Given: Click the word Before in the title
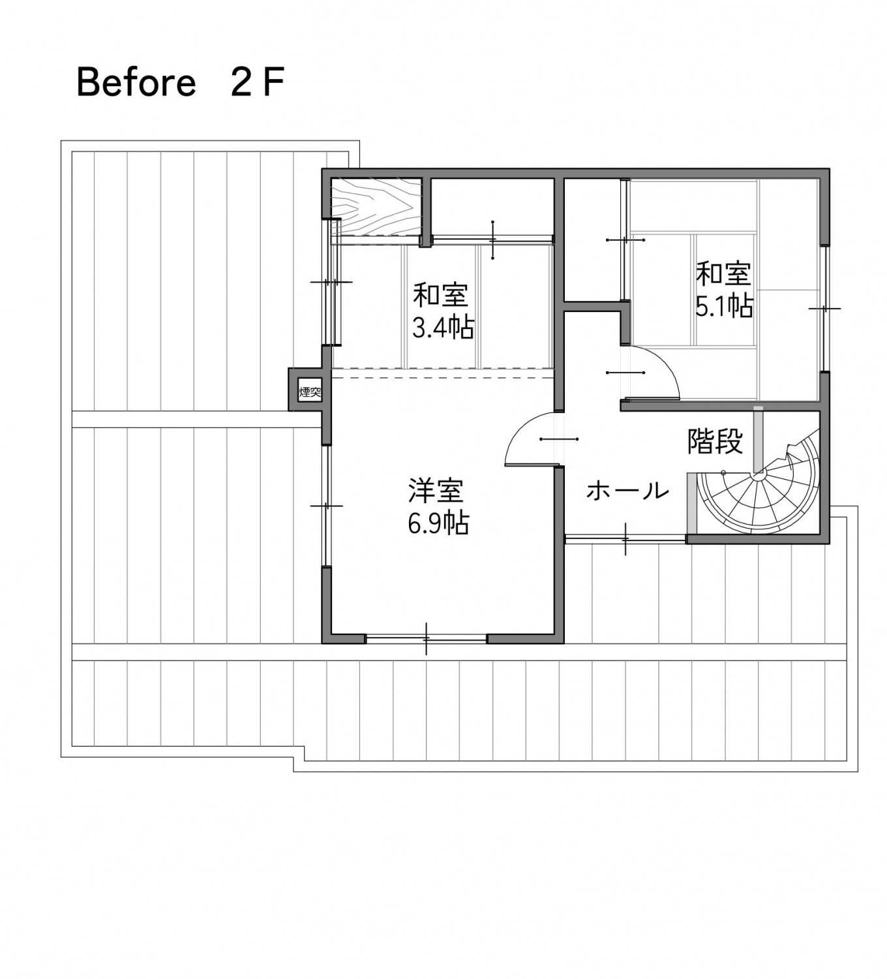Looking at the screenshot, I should click(x=136, y=83).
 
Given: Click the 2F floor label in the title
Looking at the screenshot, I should click(x=258, y=83).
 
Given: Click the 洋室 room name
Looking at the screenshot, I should click(x=436, y=491).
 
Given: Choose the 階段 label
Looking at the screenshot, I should click(x=715, y=442).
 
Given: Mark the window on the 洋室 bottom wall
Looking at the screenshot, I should click(x=426, y=638).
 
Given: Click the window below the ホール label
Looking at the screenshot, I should click(x=625, y=538).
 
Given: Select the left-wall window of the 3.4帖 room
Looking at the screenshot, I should click(x=332, y=282).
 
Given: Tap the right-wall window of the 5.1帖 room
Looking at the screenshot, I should click(x=824, y=308).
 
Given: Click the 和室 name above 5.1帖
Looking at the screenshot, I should click(x=724, y=273).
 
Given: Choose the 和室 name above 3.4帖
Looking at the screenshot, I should click(x=441, y=295).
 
